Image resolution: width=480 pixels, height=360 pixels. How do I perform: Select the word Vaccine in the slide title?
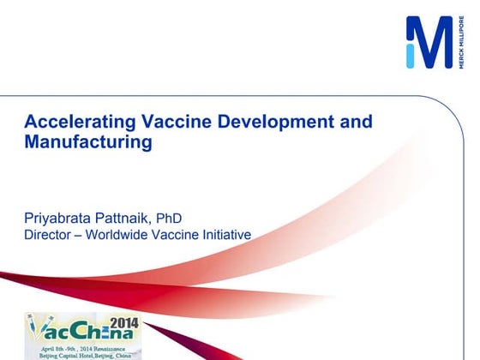[167, 122]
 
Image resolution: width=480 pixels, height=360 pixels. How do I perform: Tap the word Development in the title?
[271, 122]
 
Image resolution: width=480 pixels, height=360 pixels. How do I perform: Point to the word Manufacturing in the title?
[88, 142]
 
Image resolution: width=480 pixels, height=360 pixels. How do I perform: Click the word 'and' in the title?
[356, 122]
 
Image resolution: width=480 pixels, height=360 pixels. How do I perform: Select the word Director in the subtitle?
[48, 235]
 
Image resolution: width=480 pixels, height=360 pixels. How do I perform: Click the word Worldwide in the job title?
[123, 235]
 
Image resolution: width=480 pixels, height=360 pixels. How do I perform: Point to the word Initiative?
[225, 235]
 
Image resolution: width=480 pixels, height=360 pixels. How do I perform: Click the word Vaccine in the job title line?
[177, 235]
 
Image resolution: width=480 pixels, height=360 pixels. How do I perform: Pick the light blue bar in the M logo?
[411, 56]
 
